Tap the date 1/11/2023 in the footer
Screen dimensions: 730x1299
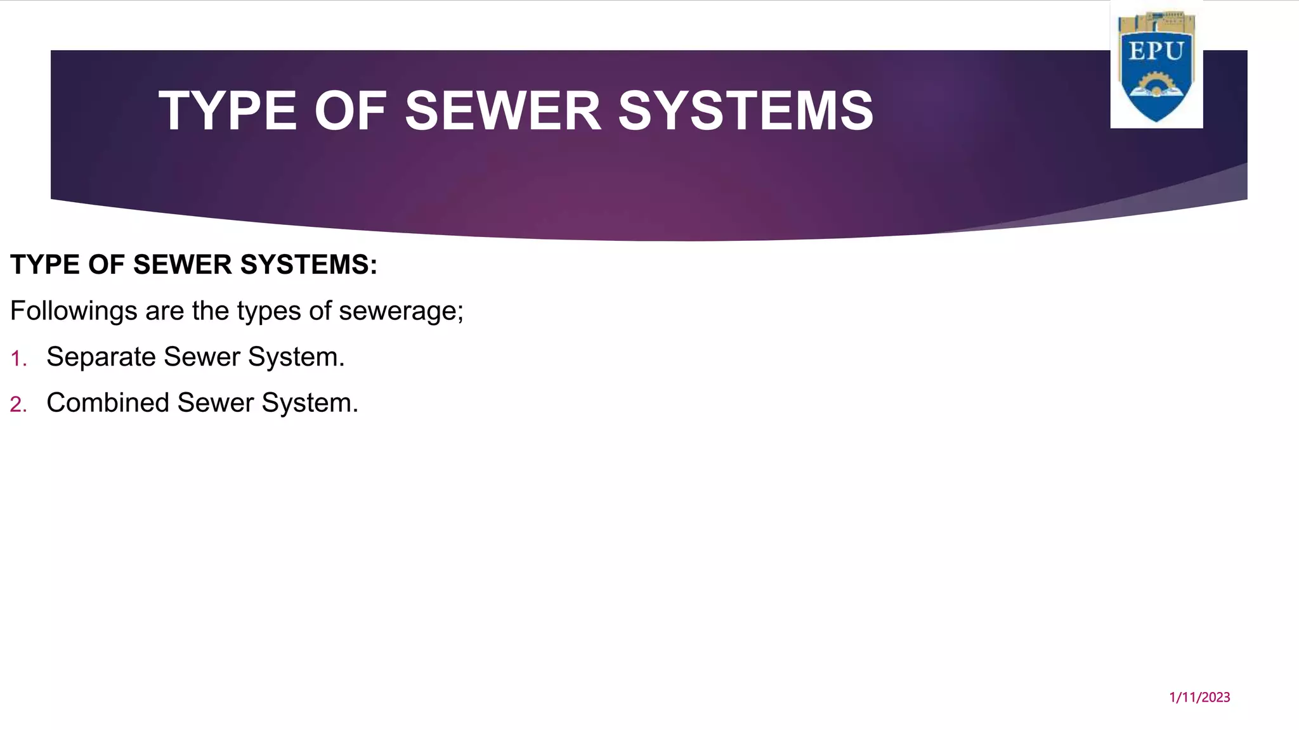1199,698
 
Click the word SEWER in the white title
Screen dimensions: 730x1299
503,111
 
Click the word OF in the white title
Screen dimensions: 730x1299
350,111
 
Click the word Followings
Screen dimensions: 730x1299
74,311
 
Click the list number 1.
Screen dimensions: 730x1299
18,359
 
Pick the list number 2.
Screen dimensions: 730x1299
18,405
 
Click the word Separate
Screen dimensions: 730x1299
101,357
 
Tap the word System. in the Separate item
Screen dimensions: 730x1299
296,357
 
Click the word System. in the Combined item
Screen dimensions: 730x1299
310,403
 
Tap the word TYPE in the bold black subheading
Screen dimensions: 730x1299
45,265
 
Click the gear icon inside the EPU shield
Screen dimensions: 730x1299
1156,84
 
